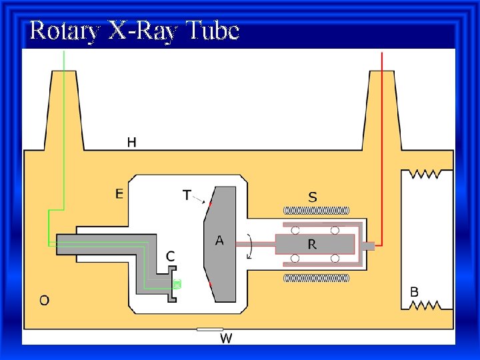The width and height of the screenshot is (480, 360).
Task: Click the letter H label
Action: pos(132,142)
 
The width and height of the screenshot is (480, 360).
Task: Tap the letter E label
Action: pos(119,194)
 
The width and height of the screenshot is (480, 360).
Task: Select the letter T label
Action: pos(187,195)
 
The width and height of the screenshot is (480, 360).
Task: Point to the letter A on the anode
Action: pos(219,241)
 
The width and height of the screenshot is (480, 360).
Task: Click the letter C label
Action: pos(171,255)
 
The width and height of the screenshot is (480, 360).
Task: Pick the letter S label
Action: pos(313,197)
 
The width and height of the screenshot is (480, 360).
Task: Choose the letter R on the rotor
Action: pos(312,245)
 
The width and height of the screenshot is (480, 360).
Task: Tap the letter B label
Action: pos(414,291)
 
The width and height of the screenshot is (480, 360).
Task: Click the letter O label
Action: pos(44,300)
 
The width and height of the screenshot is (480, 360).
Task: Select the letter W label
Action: pos(226,339)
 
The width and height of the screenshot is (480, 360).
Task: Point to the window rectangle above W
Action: pos(210,329)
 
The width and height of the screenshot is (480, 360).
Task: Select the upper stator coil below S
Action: pos(317,211)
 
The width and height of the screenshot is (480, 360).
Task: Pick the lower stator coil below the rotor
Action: pos(317,278)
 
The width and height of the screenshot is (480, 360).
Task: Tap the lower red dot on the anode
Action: pos(211,285)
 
